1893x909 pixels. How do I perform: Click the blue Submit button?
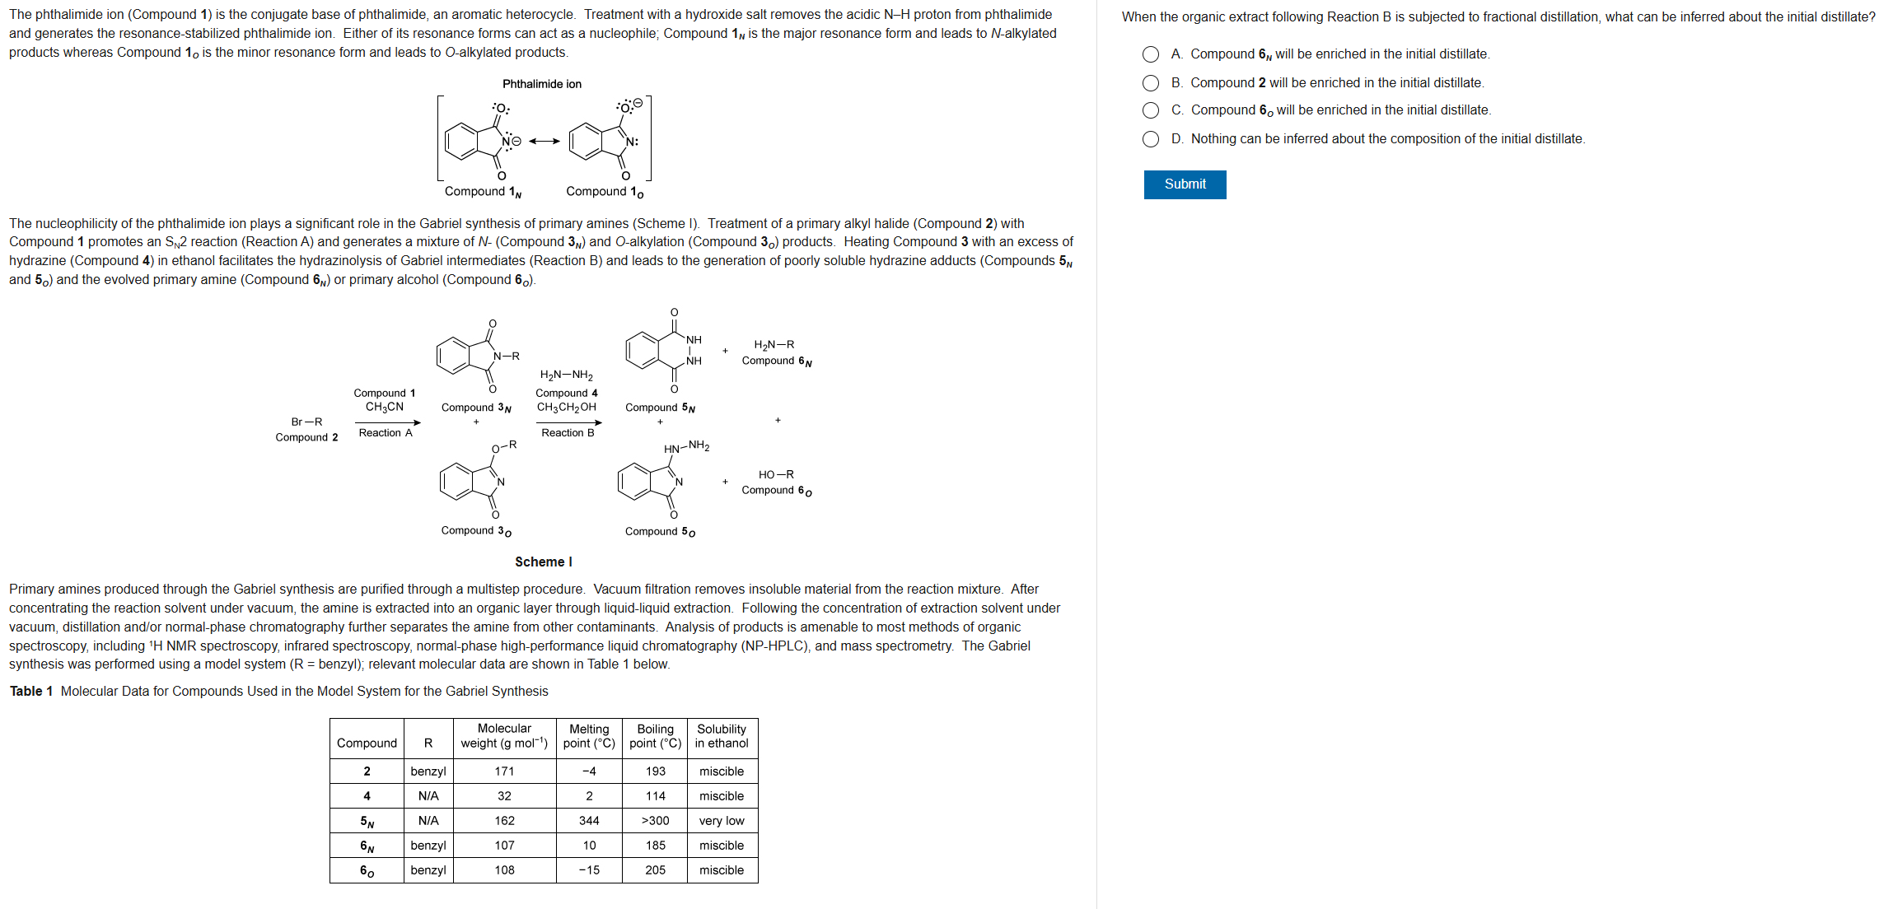point(1185,184)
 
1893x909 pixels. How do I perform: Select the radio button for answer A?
point(1151,54)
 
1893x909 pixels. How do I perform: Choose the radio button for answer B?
point(1151,83)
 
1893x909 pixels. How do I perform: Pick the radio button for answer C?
point(1151,110)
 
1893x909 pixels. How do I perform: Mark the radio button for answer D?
point(1151,139)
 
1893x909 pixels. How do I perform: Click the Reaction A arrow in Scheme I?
point(387,422)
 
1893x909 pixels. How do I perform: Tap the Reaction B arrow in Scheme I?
point(569,422)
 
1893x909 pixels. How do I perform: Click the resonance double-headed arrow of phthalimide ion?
point(545,141)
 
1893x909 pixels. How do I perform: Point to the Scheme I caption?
point(544,562)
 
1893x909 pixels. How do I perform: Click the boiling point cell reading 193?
point(655,771)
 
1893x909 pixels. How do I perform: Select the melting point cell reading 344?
point(589,821)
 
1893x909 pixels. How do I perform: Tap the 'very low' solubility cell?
point(722,821)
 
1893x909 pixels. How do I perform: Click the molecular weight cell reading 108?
point(504,870)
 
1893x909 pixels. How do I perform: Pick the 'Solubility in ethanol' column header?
point(722,736)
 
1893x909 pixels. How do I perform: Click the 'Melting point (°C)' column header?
point(589,736)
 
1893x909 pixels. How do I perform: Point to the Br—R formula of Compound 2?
point(306,422)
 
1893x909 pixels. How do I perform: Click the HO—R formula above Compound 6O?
point(776,474)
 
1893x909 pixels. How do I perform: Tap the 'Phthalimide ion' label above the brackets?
point(542,84)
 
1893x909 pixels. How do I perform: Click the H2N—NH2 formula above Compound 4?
point(567,375)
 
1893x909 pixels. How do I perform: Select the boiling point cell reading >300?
point(655,821)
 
